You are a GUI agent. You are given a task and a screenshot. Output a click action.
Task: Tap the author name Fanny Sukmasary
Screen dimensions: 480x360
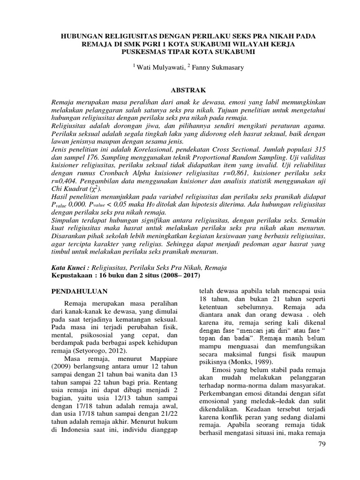click(219, 67)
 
